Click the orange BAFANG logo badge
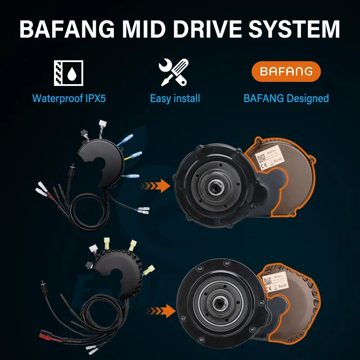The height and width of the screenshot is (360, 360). (x=286, y=72)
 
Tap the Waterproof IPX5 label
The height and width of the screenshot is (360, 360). (x=68, y=98)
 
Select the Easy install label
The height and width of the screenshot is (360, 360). (x=175, y=98)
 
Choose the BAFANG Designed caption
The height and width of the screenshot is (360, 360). (x=286, y=98)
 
